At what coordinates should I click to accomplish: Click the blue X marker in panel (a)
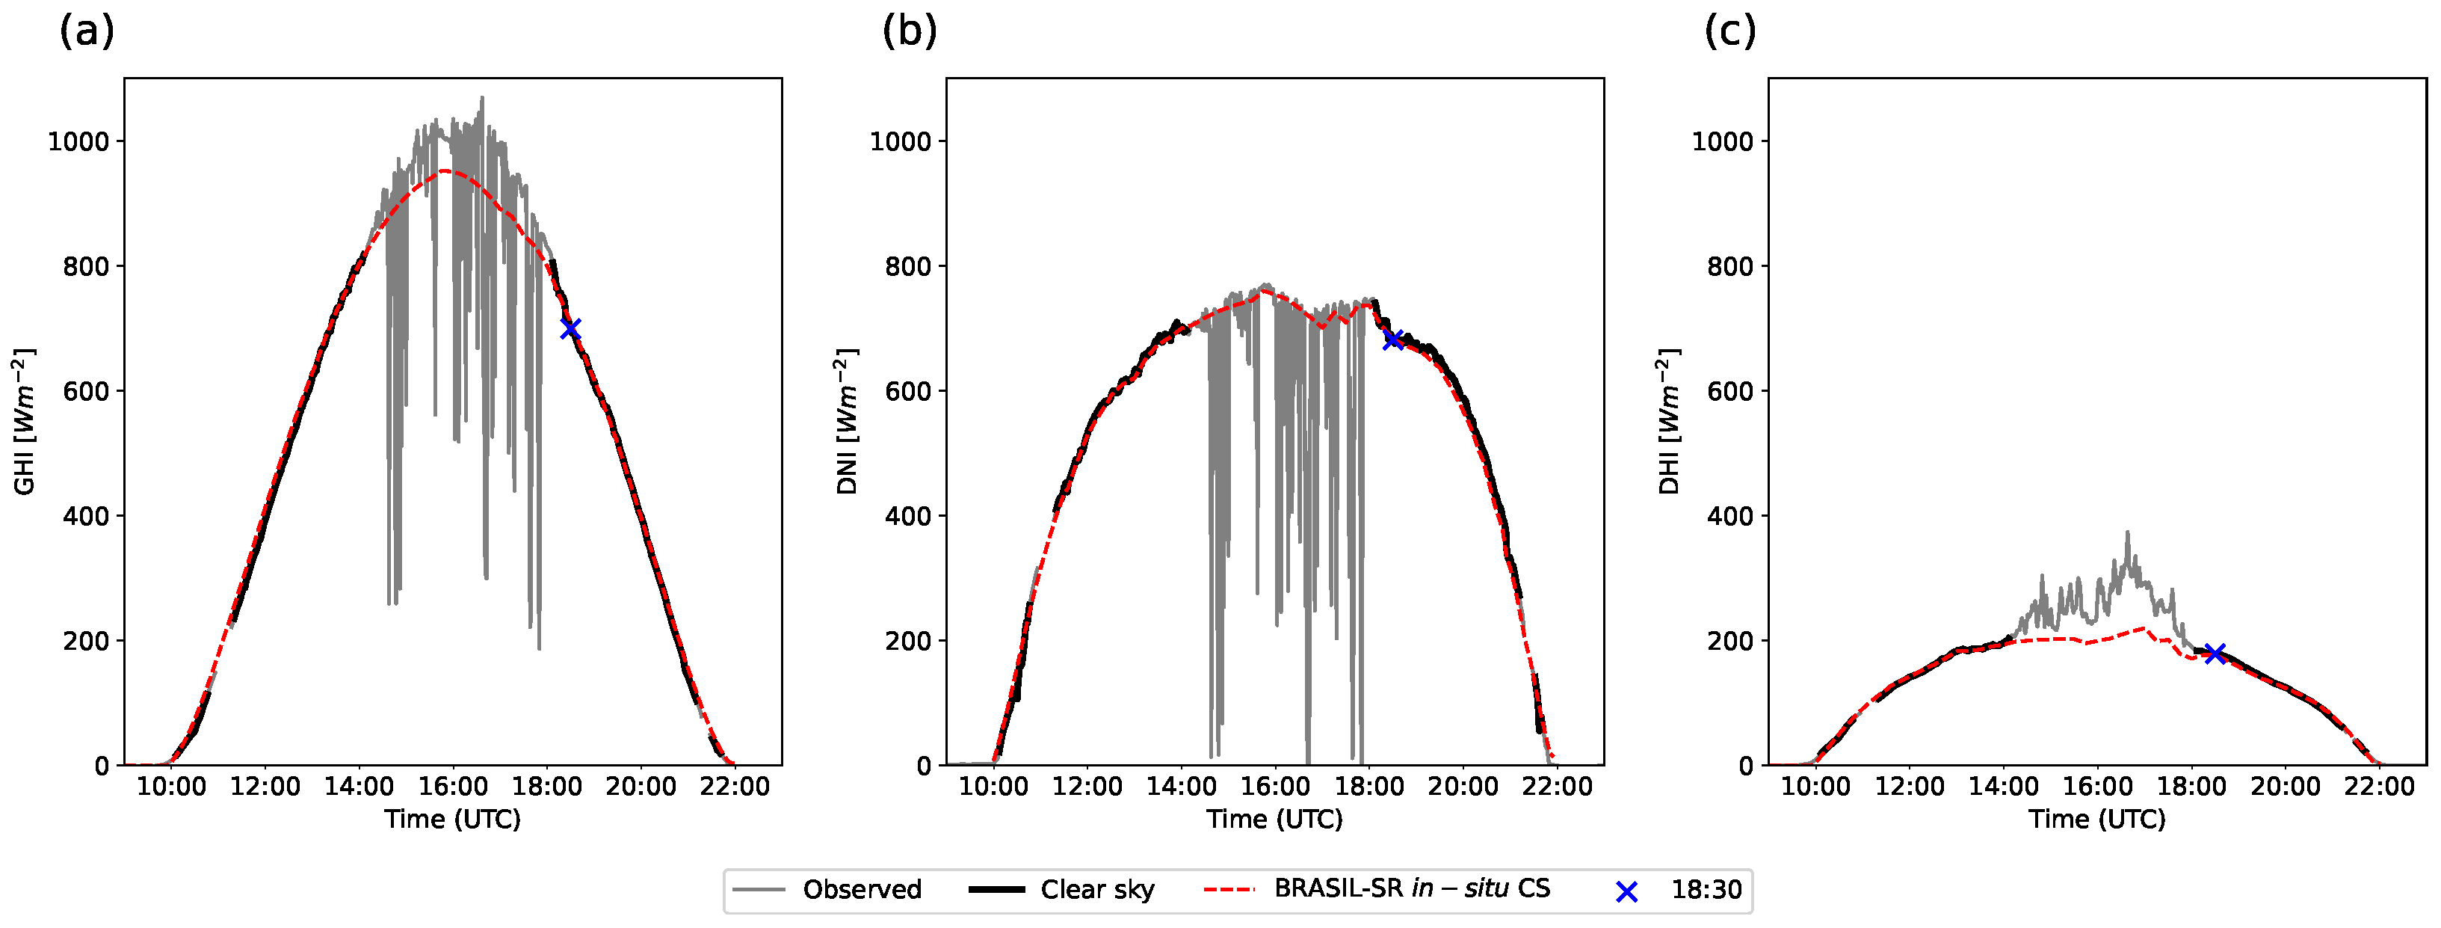pos(570,329)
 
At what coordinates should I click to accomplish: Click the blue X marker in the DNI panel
pos(1392,339)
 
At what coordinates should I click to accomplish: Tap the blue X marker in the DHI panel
pos(2215,653)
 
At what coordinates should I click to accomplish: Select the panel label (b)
pos(909,32)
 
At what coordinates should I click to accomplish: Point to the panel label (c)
pos(1729,32)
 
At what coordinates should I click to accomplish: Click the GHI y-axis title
pos(25,421)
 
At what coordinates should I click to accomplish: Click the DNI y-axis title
pos(847,421)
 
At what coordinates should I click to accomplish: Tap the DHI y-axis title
pos(1670,421)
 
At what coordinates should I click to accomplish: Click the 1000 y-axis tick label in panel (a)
pos(78,141)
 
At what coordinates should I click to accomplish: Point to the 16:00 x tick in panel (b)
pos(1274,787)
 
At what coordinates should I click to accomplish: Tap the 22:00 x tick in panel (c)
pos(2378,787)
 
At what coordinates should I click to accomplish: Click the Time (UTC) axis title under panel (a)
pos(452,819)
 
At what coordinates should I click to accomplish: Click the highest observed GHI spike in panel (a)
pos(481,99)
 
